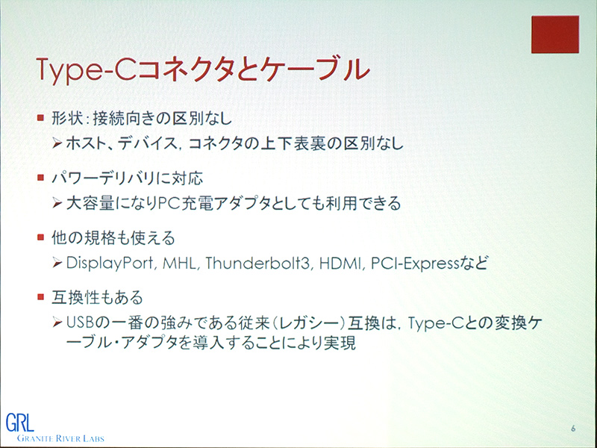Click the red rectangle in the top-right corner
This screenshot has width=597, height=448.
click(x=554, y=35)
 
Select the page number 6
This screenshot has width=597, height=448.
click(x=572, y=429)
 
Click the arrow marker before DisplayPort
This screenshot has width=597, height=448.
click(x=58, y=263)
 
